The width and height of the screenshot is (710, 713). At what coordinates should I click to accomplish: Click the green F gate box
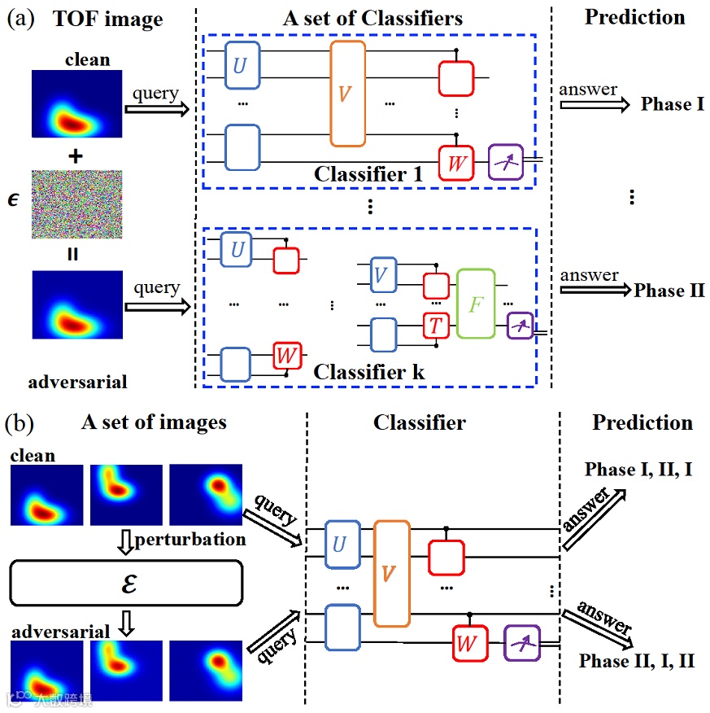(x=476, y=304)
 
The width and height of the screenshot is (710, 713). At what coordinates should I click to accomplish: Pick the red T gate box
(x=436, y=326)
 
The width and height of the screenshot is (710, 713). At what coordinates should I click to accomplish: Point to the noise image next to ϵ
(x=77, y=203)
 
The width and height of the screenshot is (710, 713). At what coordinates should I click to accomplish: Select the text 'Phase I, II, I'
(x=638, y=470)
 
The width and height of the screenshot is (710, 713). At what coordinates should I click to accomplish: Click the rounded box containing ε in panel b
(x=126, y=584)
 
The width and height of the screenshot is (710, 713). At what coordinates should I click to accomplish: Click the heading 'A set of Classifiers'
(x=372, y=18)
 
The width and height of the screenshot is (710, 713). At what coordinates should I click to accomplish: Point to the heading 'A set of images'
(x=154, y=422)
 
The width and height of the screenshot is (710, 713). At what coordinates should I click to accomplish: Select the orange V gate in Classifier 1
(x=347, y=94)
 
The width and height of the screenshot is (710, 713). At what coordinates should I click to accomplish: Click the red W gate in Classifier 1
(x=456, y=163)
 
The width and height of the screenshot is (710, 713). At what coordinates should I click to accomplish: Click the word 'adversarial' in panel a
(x=78, y=381)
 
